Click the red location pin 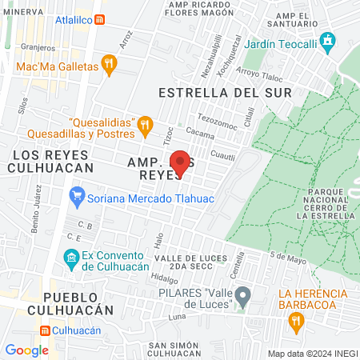(181, 162)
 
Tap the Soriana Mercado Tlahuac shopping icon (78, 194)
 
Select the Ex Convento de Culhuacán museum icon (70, 258)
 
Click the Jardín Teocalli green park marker (326, 40)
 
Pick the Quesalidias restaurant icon (144, 124)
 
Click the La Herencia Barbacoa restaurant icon (296, 321)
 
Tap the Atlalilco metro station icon (98, 20)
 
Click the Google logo (26, 350)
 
